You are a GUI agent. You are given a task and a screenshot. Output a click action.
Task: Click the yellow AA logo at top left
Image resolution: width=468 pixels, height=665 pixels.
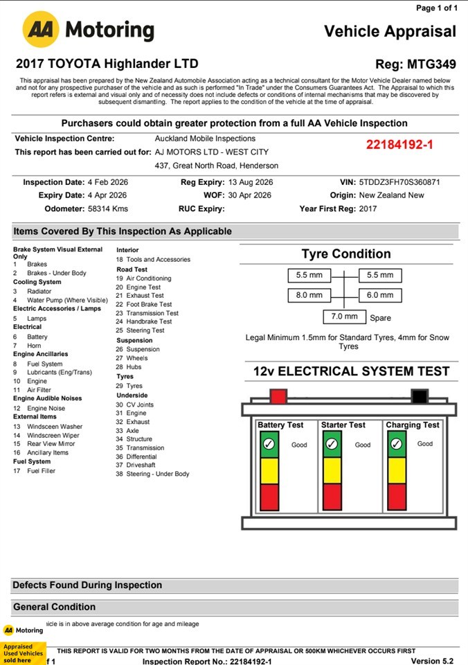(x=40, y=30)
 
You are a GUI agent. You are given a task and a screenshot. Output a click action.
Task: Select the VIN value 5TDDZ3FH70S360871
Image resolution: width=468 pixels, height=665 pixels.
(x=399, y=182)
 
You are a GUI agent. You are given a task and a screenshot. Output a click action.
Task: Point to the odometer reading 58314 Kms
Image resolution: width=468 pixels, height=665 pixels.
(x=105, y=209)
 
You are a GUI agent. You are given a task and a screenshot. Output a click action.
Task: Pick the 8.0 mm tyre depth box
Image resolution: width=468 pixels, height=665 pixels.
(x=309, y=295)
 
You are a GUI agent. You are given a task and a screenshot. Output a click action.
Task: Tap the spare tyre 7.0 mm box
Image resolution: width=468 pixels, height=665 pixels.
(x=344, y=317)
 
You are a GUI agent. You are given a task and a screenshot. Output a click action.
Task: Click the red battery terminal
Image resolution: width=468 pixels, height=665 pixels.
(x=278, y=396)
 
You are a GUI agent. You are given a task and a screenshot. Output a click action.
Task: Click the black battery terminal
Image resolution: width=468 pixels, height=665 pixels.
(x=419, y=396)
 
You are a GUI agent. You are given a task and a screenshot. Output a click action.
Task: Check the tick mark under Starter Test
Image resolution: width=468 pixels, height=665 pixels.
(x=332, y=444)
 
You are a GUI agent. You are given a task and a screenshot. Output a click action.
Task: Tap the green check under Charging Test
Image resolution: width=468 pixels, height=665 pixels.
(x=397, y=444)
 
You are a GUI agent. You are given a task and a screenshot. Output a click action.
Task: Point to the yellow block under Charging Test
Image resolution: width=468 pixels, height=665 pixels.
(x=397, y=470)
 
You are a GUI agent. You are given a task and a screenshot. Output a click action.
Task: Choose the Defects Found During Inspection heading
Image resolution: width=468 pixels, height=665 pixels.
(x=87, y=585)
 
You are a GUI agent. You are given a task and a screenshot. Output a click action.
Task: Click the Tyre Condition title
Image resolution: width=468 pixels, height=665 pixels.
(x=346, y=254)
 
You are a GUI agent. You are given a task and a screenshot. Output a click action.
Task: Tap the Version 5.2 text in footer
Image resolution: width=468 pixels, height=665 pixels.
(x=433, y=661)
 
